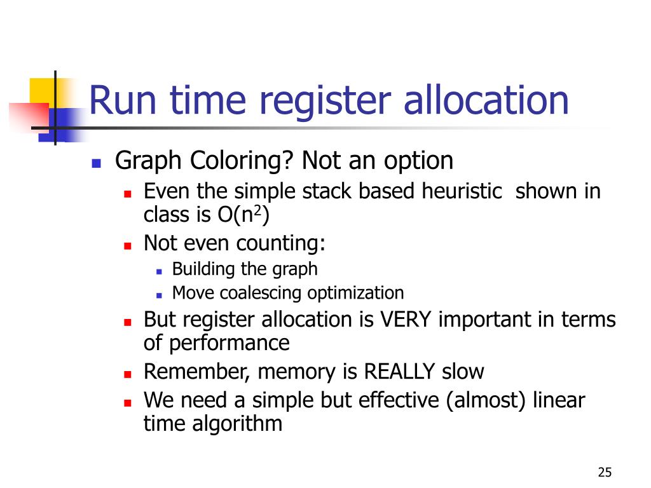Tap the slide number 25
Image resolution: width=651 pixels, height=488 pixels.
pyautogui.click(x=605, y=472)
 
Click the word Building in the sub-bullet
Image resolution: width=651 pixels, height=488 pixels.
pyautogui.click(x=203, y=269)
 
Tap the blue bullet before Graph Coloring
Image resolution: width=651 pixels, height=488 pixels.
pyautogui.click(x=97, y=163)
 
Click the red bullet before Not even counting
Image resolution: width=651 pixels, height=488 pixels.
pyautogui.click(x=127, y=245)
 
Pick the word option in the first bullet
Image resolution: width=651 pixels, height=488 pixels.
pyautogui.click(x=418, y=161)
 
